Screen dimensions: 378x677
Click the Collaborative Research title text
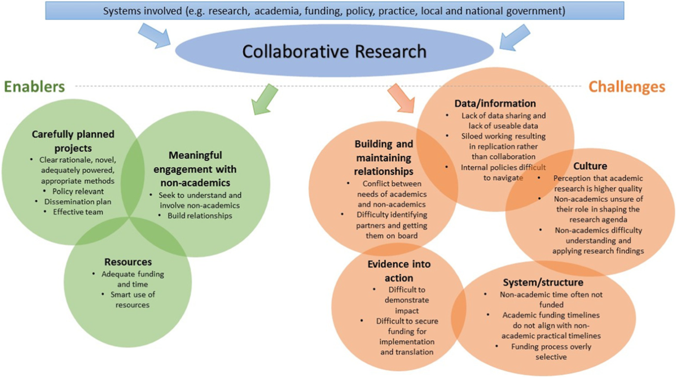click(x=334, y=52)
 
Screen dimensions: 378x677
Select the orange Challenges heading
click(x=627, y=87)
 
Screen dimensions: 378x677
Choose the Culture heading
click(x=590, y=166)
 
